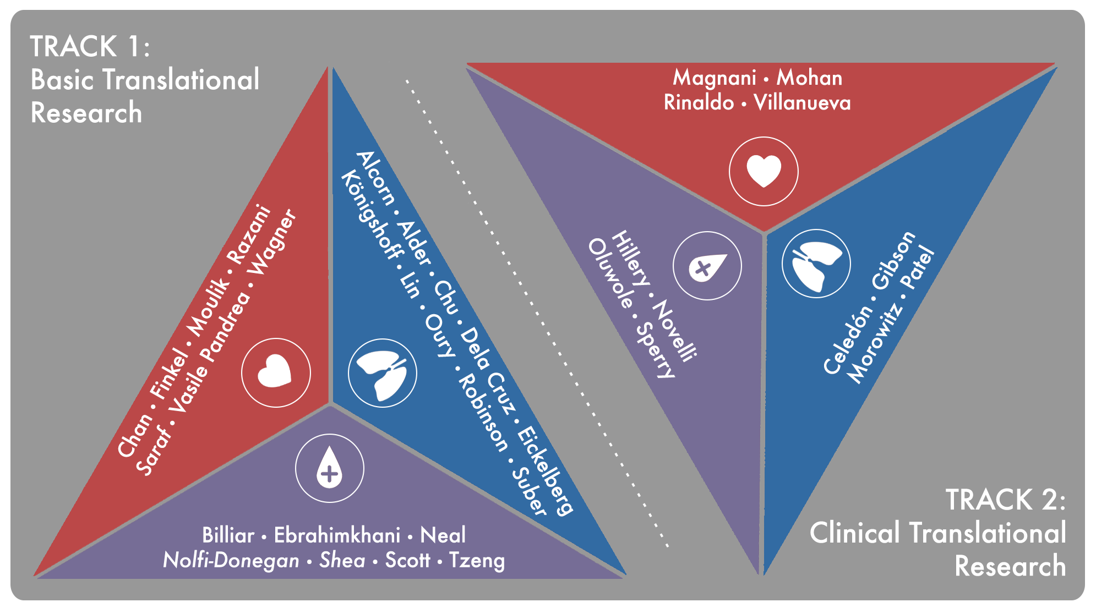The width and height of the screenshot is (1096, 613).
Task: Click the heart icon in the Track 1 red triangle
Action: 276,373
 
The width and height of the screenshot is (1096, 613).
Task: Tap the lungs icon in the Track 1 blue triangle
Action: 383,373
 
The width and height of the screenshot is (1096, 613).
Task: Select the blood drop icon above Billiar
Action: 329,468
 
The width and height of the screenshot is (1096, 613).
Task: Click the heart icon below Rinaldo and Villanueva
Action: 764,171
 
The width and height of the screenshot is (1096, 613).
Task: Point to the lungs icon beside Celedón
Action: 816,264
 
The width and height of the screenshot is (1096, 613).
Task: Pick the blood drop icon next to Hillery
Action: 707,265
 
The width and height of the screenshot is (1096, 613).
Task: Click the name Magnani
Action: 715,78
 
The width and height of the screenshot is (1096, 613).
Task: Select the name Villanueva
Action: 802,103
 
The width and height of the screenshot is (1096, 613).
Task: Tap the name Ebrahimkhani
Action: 337,535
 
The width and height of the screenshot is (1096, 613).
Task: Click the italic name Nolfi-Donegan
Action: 231,561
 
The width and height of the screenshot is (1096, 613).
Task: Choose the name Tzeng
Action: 477,561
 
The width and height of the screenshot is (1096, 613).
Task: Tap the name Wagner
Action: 272,242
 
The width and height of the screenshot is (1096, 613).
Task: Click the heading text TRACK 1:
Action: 90,46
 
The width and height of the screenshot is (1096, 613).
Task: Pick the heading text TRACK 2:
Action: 1005,500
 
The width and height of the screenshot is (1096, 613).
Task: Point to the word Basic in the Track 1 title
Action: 62,80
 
